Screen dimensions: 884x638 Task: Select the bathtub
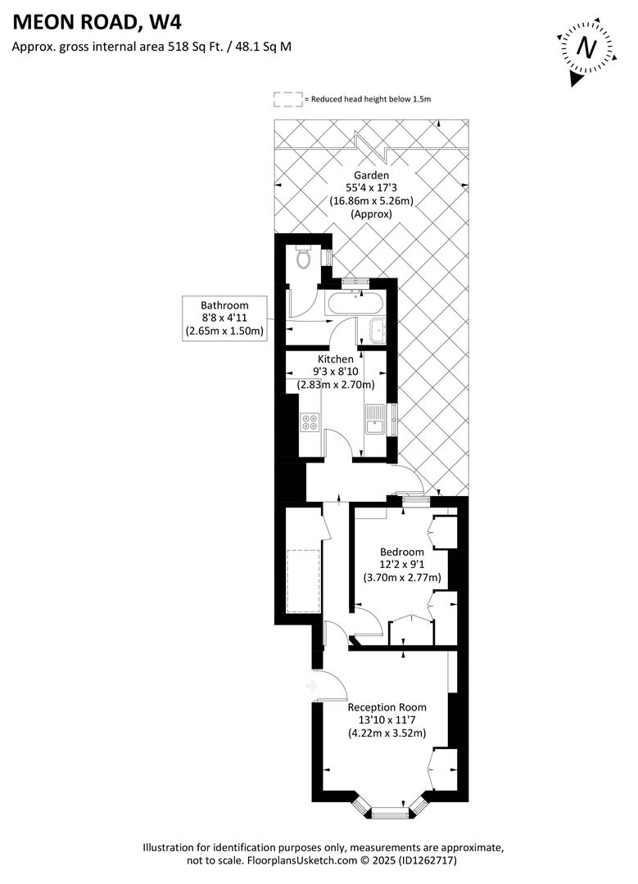355,304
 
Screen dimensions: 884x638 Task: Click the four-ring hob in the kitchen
310,422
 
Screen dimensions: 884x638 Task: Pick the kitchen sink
376,420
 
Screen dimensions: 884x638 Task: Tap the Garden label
371,175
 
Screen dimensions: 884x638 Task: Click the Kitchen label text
336,359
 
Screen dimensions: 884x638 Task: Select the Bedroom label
401,552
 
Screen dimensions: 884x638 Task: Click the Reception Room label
387,707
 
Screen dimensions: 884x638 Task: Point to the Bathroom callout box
224,318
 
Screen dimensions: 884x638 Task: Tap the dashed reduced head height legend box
287,99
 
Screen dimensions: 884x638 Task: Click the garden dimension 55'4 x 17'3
371,188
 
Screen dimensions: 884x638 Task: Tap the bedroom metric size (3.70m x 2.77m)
402,577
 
